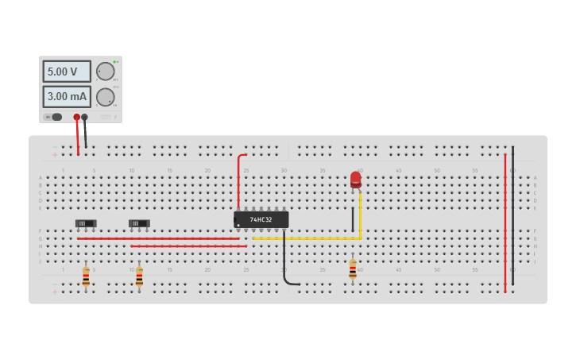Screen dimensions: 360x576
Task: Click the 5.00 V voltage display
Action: coord(66,72)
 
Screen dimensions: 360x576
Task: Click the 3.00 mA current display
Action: coord(66,96)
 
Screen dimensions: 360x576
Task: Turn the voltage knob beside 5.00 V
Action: coord(105,71)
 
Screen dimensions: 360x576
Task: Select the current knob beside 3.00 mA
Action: coord(105,97)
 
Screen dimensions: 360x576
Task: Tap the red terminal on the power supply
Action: coord(77,117)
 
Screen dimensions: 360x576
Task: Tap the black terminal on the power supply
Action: coord(84,117)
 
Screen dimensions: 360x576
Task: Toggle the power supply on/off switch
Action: coord(53,117)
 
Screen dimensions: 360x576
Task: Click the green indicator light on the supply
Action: coord(114,61)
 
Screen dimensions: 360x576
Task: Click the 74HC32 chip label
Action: coord(261,219)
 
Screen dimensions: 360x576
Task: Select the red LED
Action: coord(356,179)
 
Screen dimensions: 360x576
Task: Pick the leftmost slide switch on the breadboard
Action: coord(86,223)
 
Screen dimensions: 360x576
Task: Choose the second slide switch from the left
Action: coord(139,223)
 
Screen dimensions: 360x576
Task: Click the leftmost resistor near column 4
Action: coord(86,276)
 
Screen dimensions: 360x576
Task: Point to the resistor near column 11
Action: coord(139,276)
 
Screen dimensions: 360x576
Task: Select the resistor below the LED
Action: coord(353,270)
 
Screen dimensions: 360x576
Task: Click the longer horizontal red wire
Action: coord(159,238)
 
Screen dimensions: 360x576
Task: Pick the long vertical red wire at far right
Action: coord(504,223)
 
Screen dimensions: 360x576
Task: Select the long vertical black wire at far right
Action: coord(512,215)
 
